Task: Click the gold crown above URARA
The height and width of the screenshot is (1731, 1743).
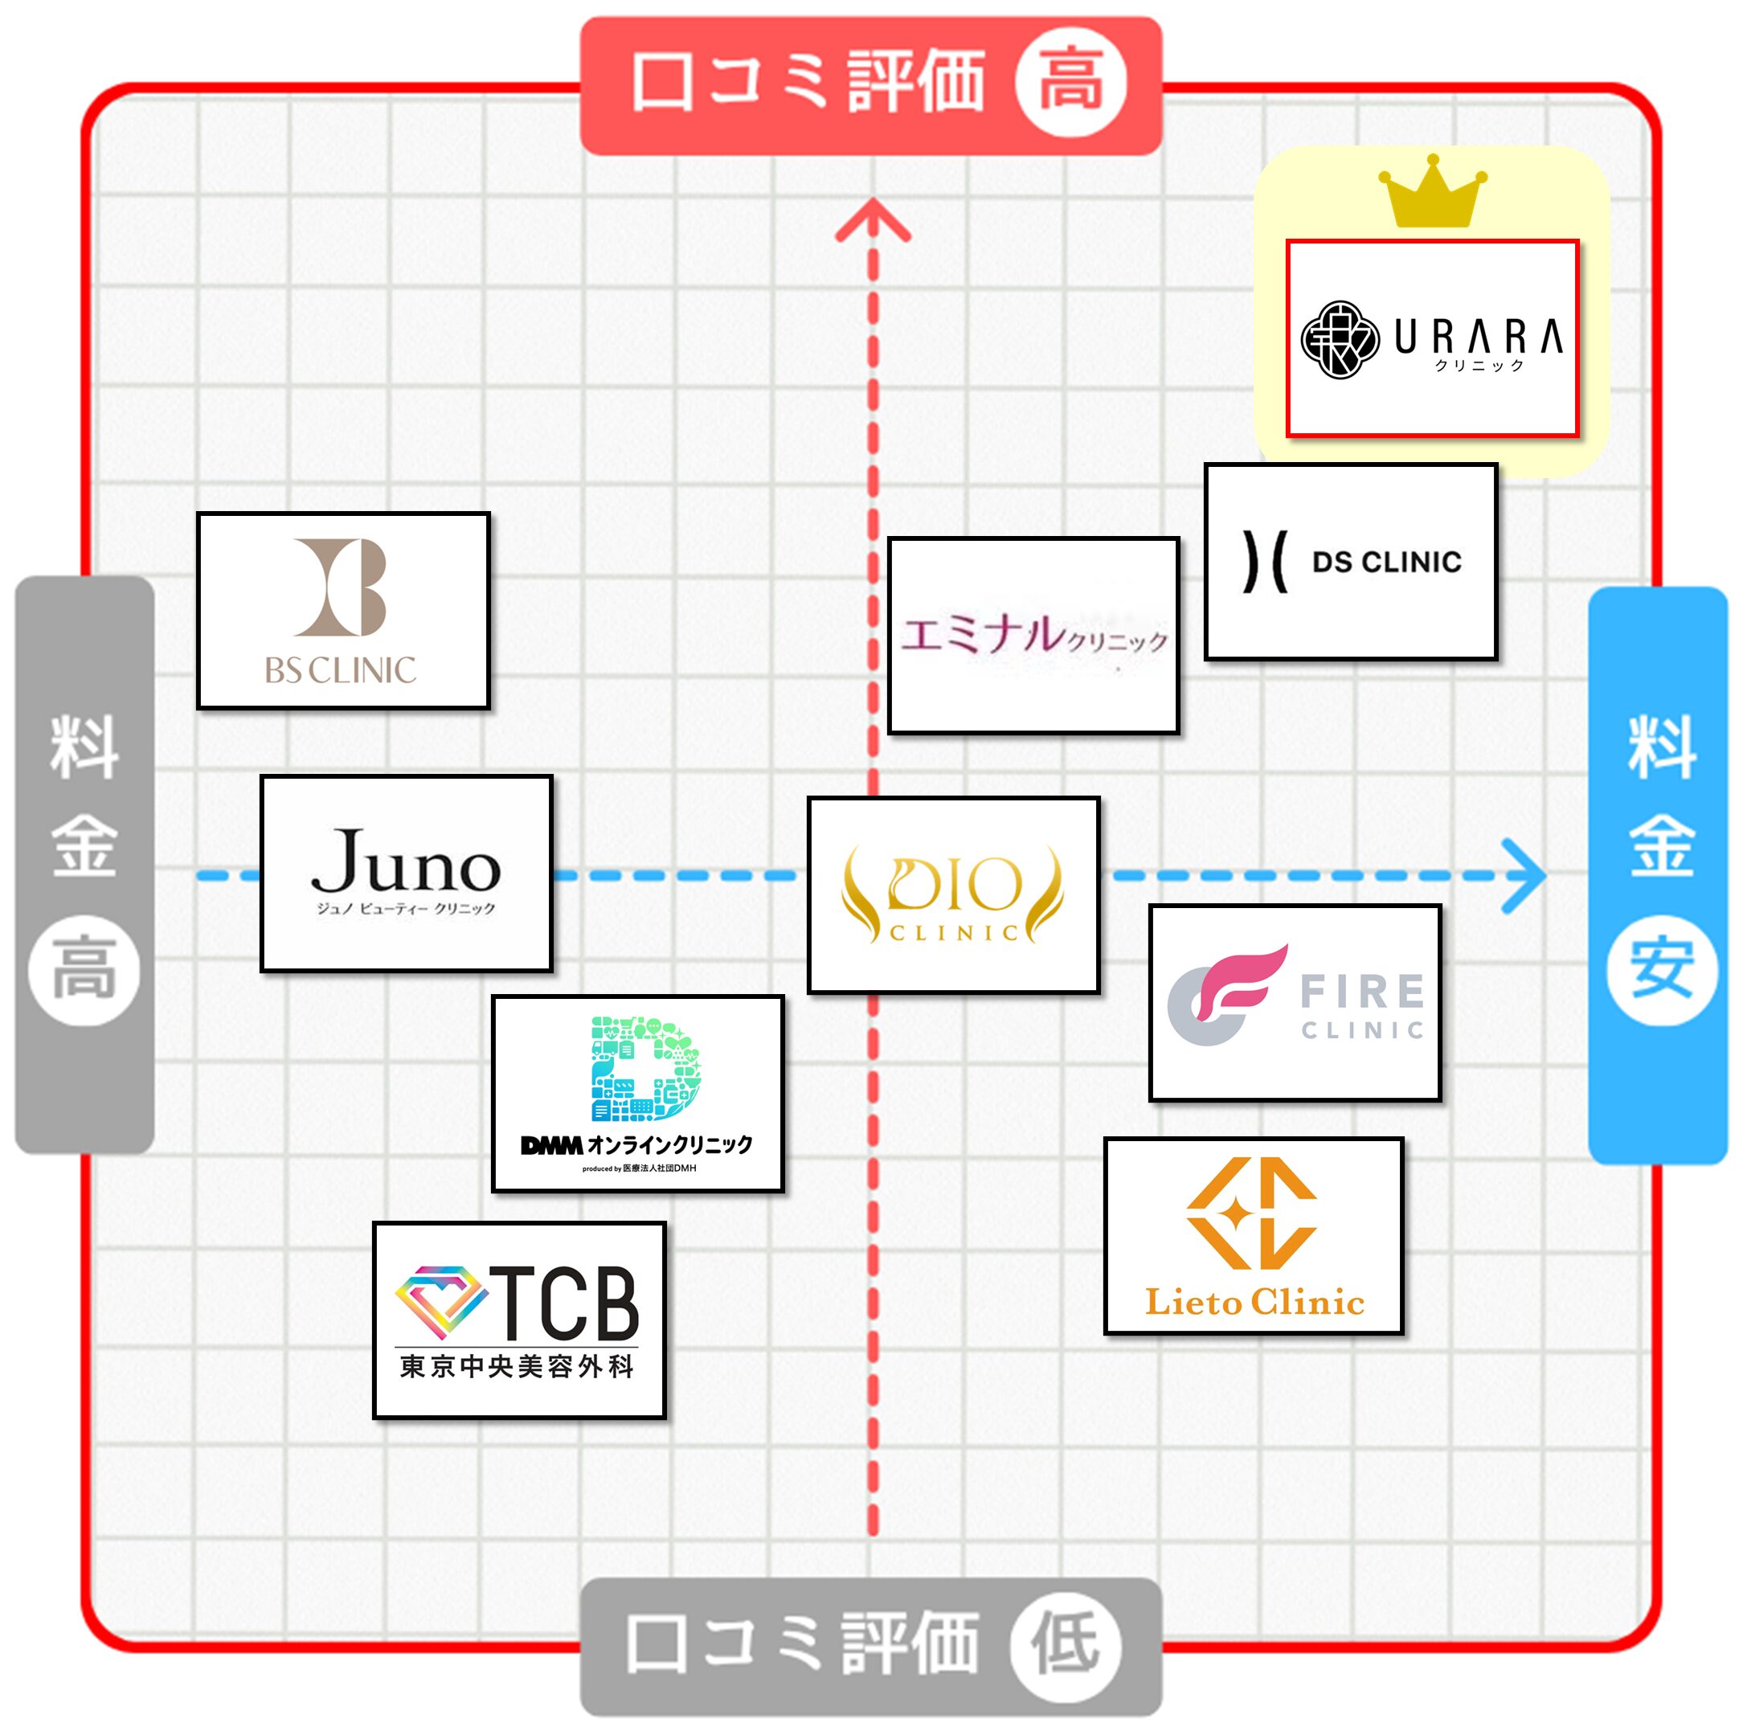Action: point(1432,191)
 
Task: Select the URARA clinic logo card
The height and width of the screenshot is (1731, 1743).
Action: point(1432,338)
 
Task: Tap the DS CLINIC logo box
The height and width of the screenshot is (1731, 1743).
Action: point(1351,562)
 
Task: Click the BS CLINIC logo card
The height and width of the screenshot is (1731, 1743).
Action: point(343,611)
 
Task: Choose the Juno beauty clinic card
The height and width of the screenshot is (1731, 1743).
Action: point(406,874)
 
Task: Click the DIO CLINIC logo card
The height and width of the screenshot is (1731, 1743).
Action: point(953,894)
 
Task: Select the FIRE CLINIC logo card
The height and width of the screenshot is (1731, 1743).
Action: point(1295,1002)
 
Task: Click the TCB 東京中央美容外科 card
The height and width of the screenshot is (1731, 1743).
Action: point(519,1320)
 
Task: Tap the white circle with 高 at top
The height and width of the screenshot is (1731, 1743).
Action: point(1071,82)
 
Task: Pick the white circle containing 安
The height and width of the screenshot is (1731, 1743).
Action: point(1661,970)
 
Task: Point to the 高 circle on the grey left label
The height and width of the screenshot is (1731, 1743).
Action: point(84,970)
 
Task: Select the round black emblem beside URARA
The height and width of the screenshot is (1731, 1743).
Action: point(1340,339)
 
